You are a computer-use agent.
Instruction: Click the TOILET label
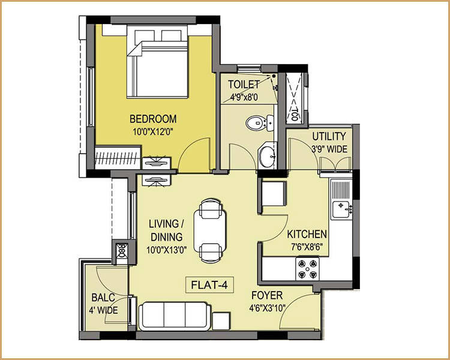(x=245, y=85)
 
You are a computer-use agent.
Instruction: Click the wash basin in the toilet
(x=267, y=157)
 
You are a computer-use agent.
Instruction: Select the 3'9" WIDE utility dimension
(x=328, y=149)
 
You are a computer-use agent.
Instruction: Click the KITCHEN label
(x=307, y=234)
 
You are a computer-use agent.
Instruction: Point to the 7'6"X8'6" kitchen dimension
(x=307, y=246)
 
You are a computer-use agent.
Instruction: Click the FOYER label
(x=268, y=296)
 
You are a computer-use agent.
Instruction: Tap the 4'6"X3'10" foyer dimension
(x=268, y=310)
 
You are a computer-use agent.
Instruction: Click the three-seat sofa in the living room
(x=174, y=315)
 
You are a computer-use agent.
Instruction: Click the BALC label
(x=104, y=298)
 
